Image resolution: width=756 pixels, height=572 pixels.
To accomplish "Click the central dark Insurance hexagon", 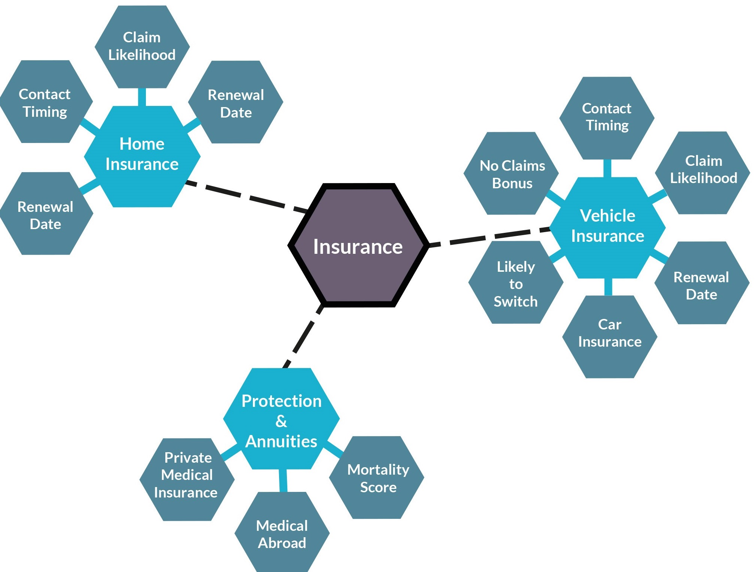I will tap(358, 246).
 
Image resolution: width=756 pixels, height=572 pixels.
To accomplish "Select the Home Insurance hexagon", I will tap(142, 156).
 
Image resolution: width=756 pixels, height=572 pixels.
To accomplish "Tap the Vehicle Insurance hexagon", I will tap(607, 227).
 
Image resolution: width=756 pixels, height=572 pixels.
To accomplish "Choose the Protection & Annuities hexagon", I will tap(281, 419).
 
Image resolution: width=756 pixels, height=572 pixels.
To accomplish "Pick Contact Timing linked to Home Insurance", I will tap(45, 102).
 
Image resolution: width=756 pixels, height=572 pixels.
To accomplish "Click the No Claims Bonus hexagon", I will tap(512, 174).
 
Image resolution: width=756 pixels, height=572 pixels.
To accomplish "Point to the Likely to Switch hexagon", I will tap(515, 283).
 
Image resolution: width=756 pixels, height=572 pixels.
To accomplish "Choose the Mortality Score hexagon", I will tap(378, 478).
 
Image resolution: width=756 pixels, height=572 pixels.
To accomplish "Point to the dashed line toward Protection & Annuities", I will tap(303, 337).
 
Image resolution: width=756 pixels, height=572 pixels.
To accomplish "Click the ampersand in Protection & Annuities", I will tap(281, 422).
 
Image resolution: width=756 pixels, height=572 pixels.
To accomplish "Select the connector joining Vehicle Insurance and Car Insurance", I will tap(608, 287).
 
